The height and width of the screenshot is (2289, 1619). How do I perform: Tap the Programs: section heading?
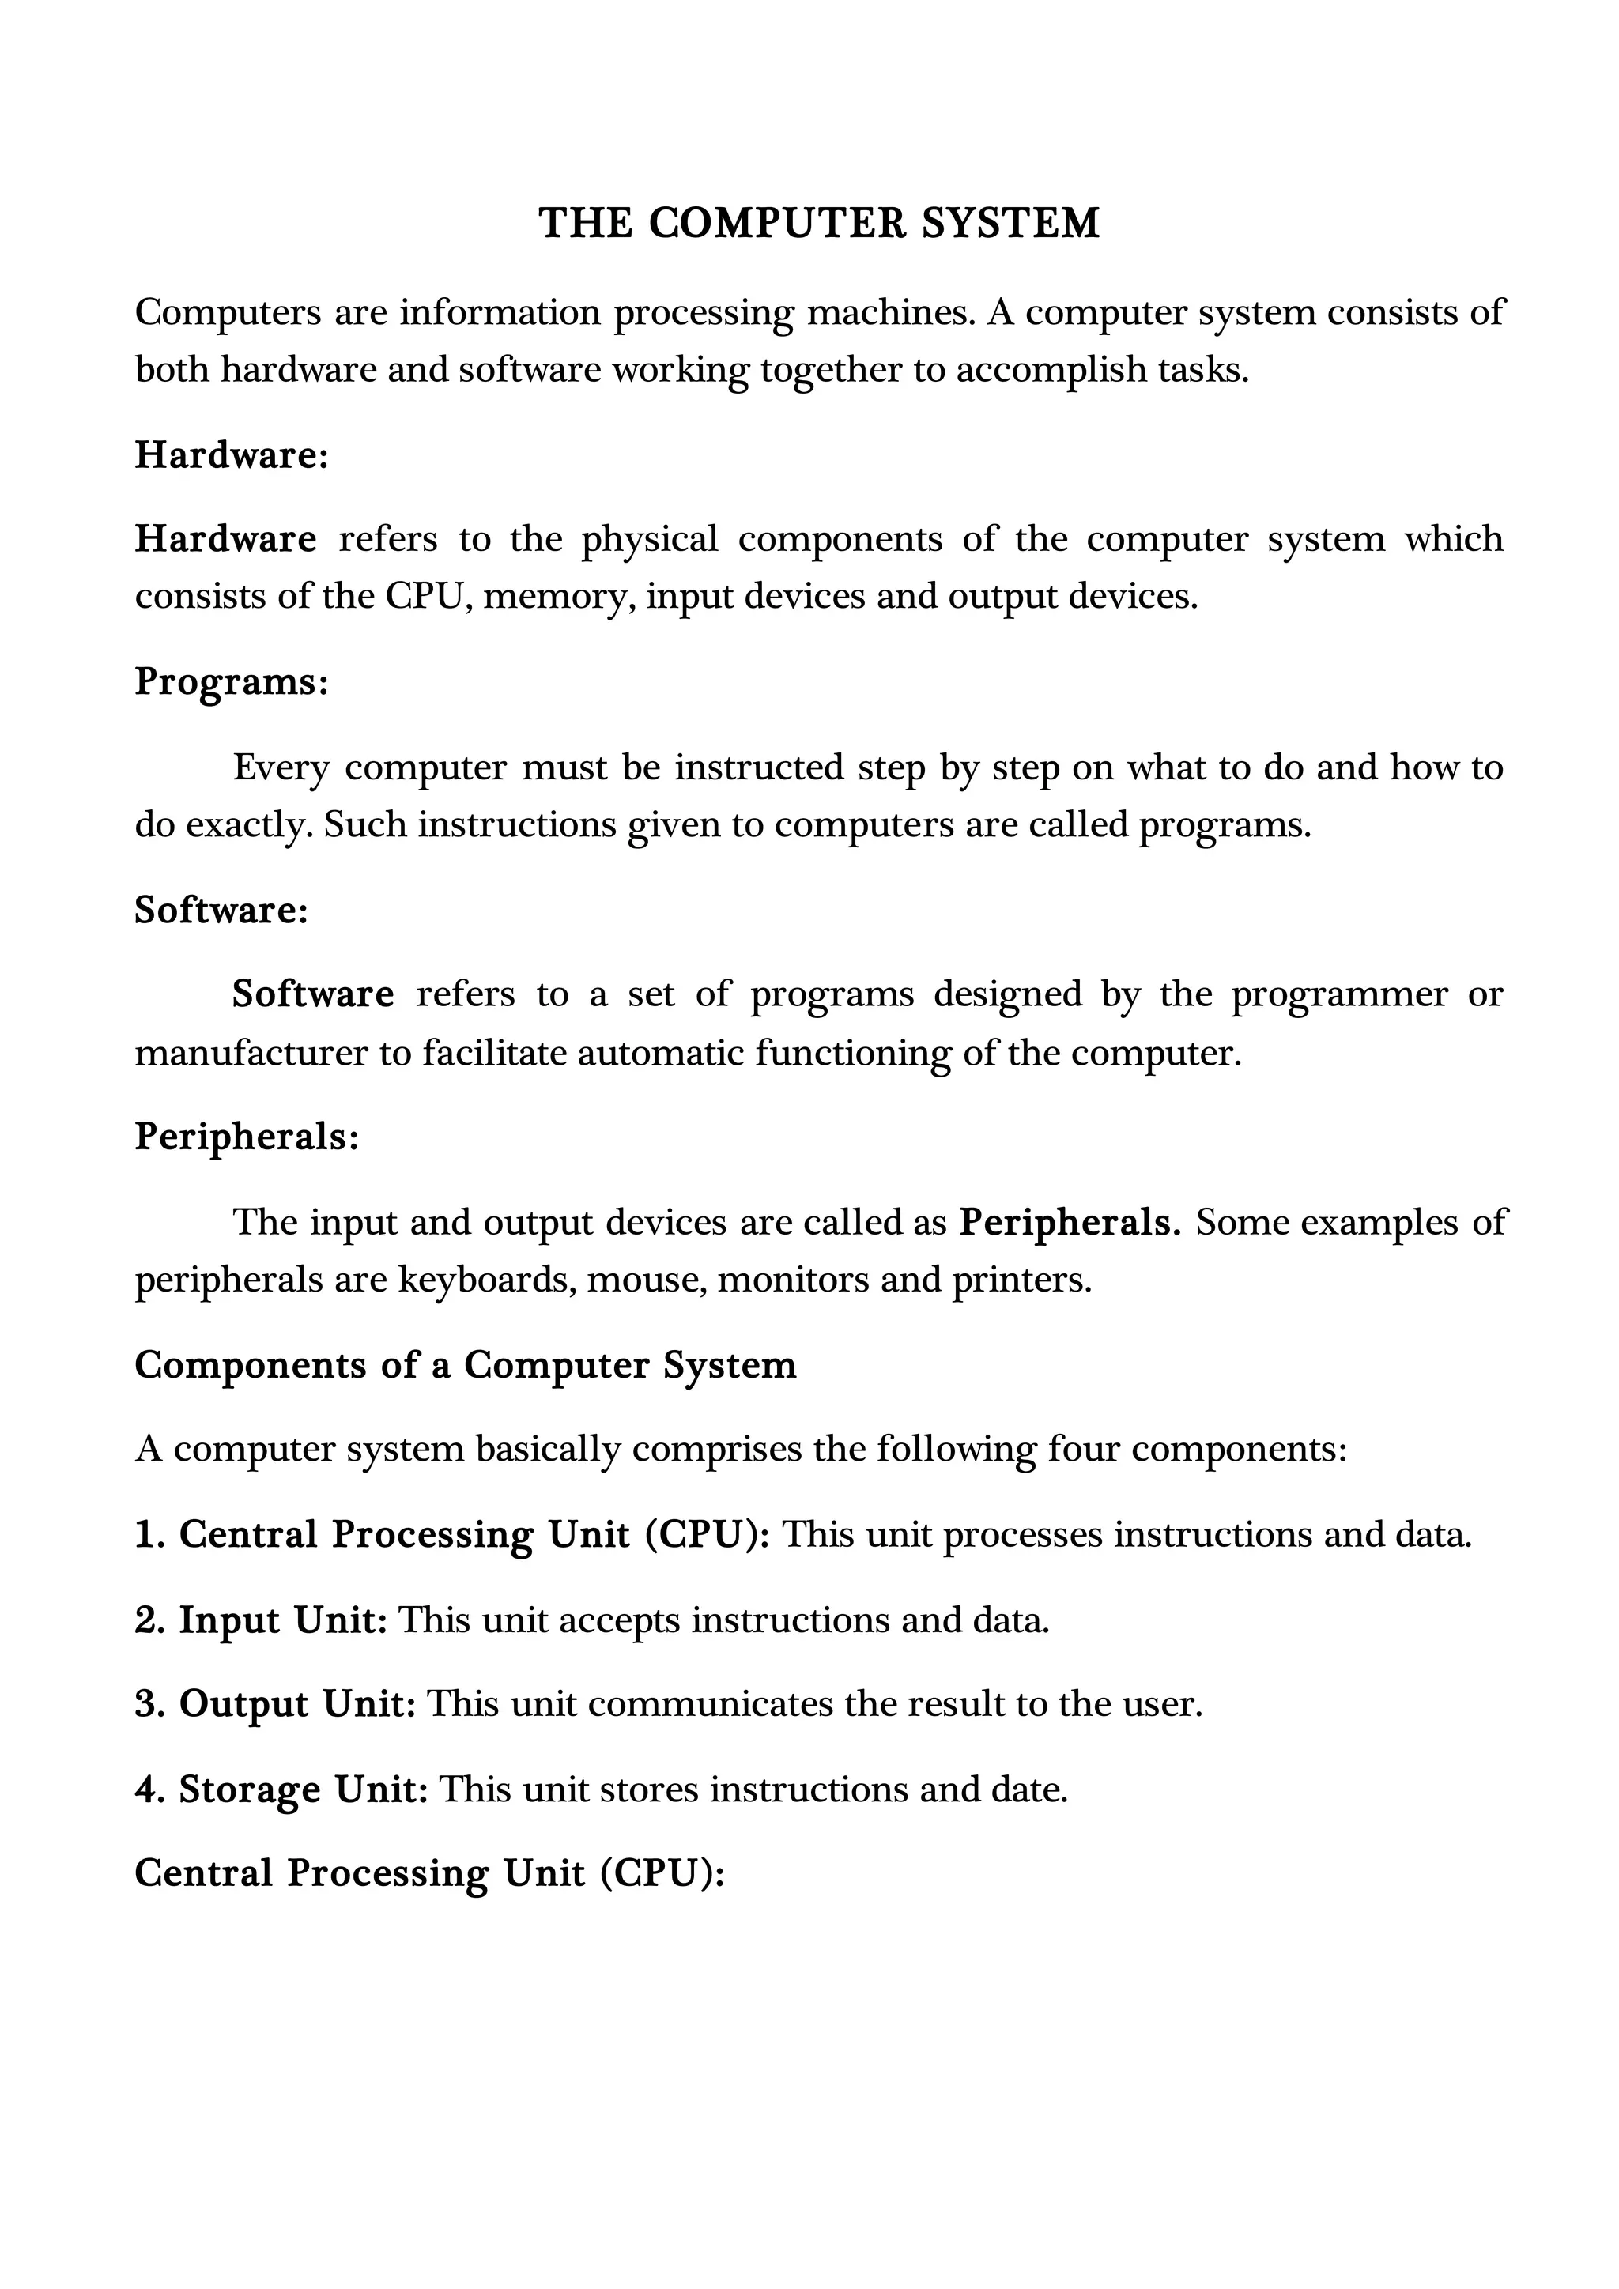232,682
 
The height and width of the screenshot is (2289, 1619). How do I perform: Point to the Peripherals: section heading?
246,1137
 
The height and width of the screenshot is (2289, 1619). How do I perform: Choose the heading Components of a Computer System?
466,1365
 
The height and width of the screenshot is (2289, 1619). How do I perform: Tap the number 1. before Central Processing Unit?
149,1534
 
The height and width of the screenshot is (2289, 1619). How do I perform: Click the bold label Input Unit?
283,1620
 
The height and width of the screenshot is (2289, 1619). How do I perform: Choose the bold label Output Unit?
297,1704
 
